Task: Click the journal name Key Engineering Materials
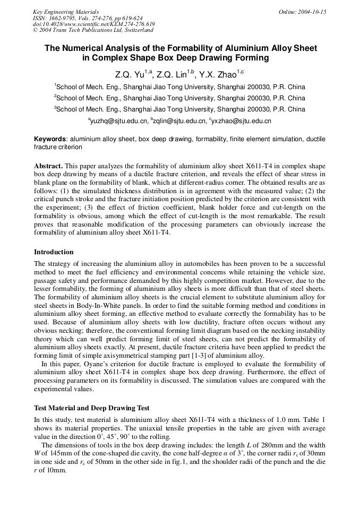66,12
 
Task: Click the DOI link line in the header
93,24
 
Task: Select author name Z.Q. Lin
174,74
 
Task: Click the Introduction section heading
54,252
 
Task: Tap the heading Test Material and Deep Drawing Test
91,408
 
